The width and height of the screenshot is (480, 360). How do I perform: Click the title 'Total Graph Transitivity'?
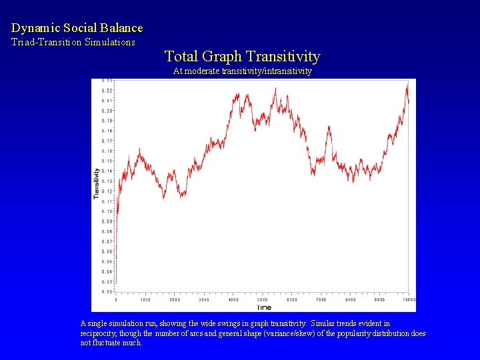coord(242,57)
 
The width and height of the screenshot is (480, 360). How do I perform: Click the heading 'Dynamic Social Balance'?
coord(77,28)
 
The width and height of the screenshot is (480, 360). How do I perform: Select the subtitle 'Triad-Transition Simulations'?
coord(73,42)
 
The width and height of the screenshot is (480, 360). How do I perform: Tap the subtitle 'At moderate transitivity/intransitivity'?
coord(242,71)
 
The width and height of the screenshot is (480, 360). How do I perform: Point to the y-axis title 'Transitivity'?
coord(97,183)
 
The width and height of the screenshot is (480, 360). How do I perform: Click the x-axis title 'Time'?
coord(264,307)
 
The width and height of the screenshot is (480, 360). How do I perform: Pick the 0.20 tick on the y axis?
coord(107,111)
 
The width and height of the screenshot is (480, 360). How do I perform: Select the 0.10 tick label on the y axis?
coord(107,211)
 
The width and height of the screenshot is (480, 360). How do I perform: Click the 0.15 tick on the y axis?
coord(107,161)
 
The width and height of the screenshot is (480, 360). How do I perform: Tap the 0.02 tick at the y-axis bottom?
coord(107,292)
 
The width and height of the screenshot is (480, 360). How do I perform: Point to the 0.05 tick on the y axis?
coord(107,262)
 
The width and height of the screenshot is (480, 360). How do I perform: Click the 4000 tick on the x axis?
coord(233,300)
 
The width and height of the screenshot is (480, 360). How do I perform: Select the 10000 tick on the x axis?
coord(409,300)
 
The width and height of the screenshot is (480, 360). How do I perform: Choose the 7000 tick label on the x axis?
coord(321,300)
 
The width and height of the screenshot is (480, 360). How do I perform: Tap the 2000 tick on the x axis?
coord(175,300)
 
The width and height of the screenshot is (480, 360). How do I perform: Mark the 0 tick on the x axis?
coord(116,300)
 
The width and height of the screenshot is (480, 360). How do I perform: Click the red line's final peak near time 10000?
coord(407,85)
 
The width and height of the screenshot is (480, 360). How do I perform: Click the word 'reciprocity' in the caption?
coord(101,333)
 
